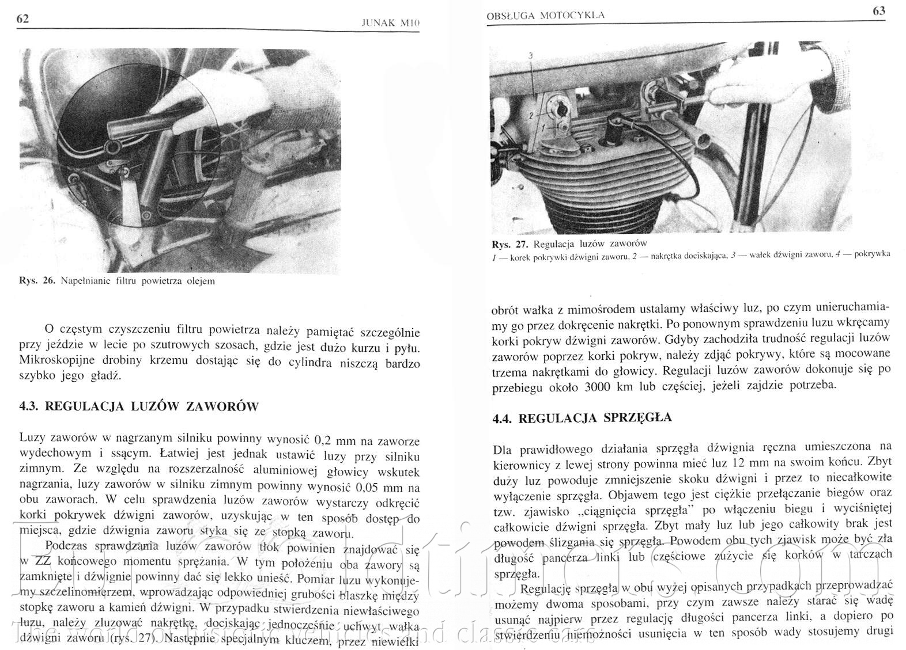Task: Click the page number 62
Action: pos(23,19)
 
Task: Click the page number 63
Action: pos(879,11)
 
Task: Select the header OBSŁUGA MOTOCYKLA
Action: pos(546,16)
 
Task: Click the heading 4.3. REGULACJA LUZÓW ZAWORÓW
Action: pos(139,406)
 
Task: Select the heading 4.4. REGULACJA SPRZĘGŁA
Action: pos(582,418)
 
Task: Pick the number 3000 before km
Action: pos(601,387)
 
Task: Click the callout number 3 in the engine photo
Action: pos(530,55)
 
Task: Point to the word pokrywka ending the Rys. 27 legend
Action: pos(873,253)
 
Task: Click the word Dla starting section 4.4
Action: pos(505,447)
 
